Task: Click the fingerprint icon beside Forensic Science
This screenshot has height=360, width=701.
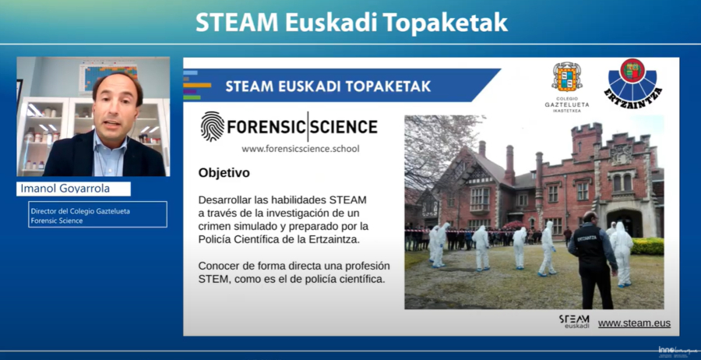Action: (213, 126)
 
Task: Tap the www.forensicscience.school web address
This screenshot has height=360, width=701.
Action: (301, 149)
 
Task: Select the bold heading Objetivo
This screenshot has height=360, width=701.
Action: (224, 173)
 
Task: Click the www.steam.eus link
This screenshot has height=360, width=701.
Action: (634, 323)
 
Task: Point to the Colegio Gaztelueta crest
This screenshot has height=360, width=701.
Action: (567, 77)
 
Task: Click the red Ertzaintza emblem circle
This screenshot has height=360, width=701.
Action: (632, 70)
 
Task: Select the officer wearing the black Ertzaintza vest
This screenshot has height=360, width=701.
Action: (593, 259)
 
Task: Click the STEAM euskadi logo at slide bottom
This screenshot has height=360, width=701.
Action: (574, 322)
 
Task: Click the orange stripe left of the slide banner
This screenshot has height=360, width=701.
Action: (197, 85)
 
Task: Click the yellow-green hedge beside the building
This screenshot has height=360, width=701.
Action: (647, 246)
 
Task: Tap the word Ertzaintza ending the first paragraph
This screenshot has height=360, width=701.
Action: (334, 239)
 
